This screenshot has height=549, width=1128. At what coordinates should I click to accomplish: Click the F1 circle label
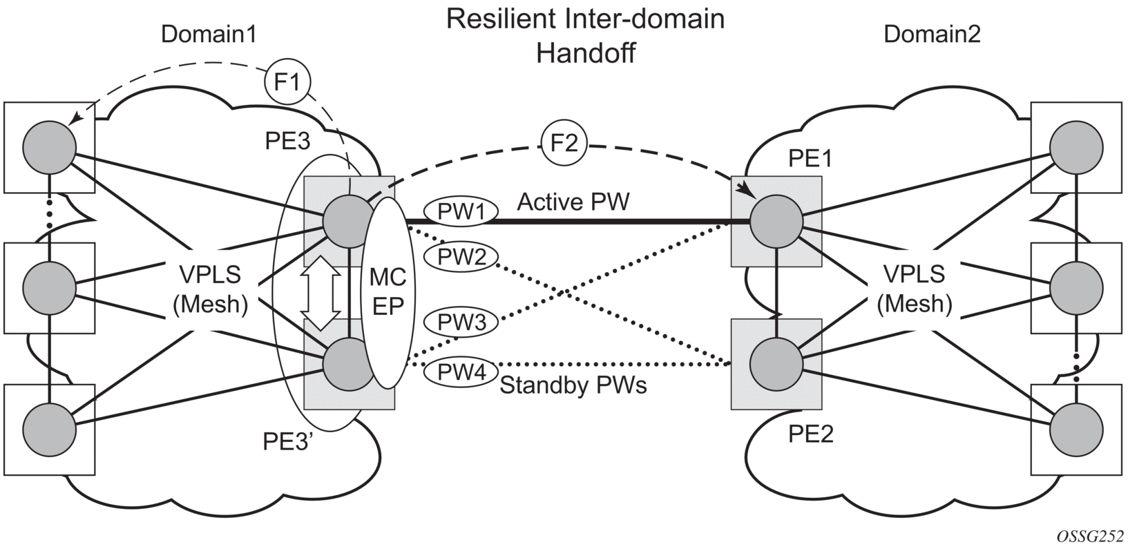point(287,83)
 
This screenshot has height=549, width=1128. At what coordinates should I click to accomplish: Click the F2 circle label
point(564,145)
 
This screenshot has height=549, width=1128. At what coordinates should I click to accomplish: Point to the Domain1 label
point(209,35)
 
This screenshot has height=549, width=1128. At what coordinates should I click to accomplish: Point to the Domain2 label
point(932,35)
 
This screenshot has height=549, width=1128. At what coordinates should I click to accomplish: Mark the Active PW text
point(573,202)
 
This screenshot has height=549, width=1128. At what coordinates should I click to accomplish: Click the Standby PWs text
point(573,385)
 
